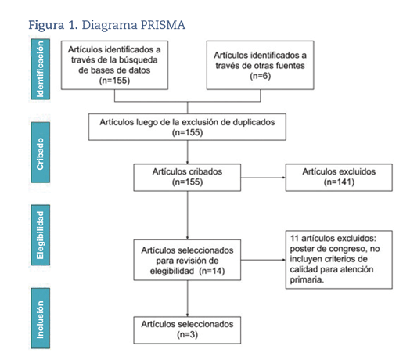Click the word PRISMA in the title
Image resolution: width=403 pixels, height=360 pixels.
click(x=163, y=25)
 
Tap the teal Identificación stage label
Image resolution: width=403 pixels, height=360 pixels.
click(x=41, y=69)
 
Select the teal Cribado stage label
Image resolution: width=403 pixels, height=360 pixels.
click(x=41, y=153)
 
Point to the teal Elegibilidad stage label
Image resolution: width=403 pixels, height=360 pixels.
click(x=41, y=235)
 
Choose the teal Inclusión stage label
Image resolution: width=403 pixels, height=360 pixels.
click(x=41, y=319)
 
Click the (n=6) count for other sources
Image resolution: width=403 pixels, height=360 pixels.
click(x=260, y=76)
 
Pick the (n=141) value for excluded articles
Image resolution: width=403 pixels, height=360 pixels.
click(x=339, y=182)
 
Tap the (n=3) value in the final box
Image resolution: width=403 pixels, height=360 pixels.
click(x=187, y=334)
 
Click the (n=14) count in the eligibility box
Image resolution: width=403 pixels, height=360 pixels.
click(x=212, y=271)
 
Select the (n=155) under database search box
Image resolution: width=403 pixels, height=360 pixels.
click(x=114, y=81)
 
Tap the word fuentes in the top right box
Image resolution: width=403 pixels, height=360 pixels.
click(x=290, y=66)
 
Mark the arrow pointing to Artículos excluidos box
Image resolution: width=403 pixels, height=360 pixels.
click(x=263, y=178)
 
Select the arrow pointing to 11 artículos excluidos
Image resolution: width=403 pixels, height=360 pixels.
click(x=263, y=260)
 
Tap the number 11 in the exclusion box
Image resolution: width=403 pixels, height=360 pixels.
click(x=294, y=239)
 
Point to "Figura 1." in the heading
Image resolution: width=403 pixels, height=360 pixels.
click(x=53, y=25)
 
